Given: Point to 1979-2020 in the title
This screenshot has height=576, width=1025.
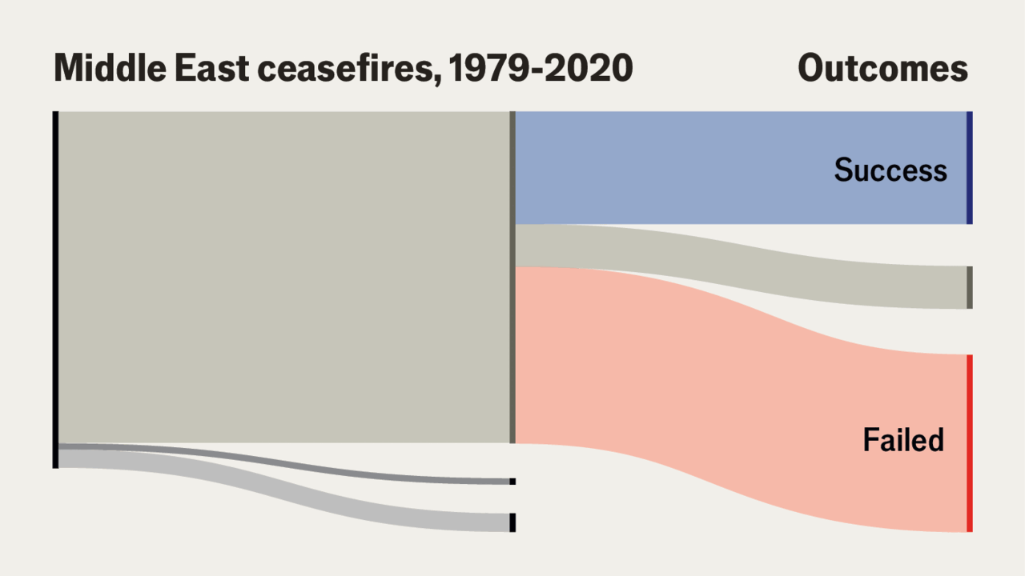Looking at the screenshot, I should (541, 69).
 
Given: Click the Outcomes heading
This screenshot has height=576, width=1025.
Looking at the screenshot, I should (882, 69).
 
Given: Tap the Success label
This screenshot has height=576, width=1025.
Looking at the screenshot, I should (890, 170).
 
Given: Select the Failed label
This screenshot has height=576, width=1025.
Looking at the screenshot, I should (903, 440).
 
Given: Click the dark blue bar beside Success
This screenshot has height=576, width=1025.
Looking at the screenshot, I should (969, 168).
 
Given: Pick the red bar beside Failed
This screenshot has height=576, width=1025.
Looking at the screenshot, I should (969, 442).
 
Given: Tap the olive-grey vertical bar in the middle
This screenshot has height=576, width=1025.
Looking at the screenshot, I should (512, 277).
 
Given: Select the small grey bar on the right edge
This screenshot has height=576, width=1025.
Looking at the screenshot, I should (969, 287).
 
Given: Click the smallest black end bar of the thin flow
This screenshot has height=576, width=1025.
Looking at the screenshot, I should (512, 482).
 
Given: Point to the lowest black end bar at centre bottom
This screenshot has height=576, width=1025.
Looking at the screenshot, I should (512, 522).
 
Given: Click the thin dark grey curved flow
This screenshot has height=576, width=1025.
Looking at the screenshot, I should (280, 465).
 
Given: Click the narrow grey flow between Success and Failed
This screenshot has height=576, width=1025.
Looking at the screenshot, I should (721, 256).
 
